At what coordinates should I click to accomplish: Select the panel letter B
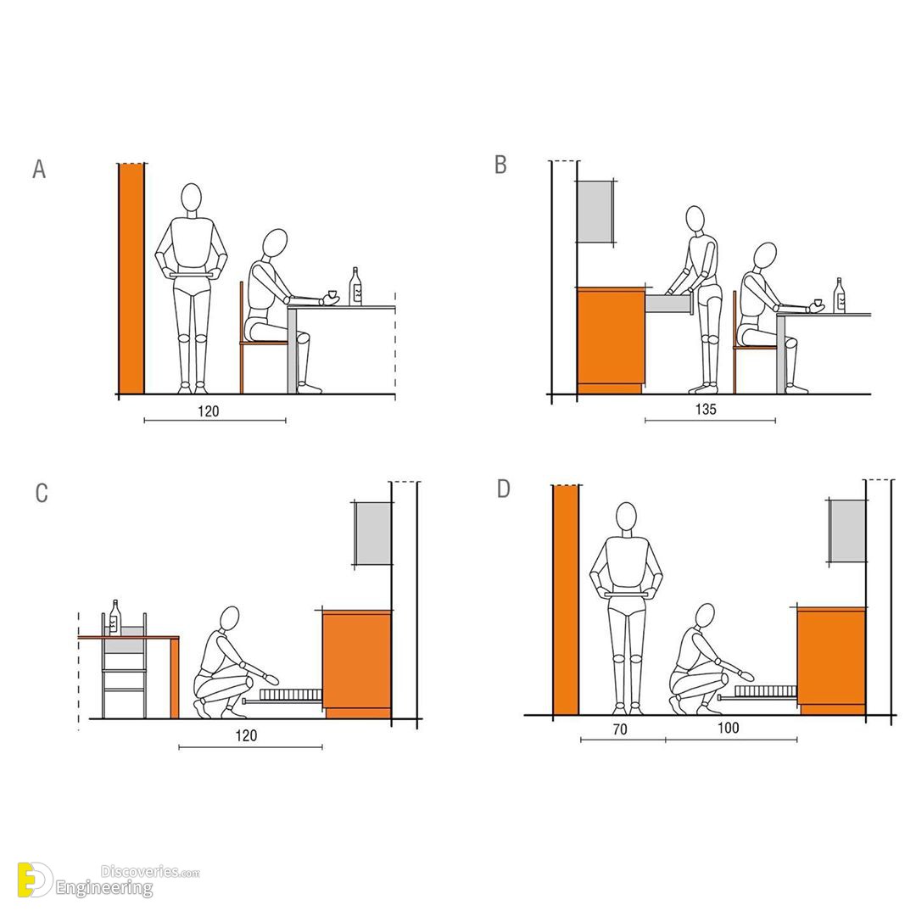[x=500, y=165]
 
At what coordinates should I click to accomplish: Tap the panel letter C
[x=42, y=493]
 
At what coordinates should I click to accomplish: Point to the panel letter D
[x=504, y=489]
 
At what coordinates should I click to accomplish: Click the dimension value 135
[x=706, y=409]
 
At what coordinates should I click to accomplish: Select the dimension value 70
[x=620, y=729]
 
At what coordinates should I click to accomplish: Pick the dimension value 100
[x=729, y=728]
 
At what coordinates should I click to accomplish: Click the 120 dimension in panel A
[x=208, y=411]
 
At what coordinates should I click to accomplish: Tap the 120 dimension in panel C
[x=246, y=735]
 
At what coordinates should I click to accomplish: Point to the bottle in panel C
[x=114, y=617]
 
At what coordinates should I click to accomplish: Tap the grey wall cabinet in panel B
[x=595, y=211]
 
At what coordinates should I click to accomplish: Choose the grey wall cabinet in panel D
[x=847, y=531]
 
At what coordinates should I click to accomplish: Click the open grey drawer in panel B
[x=668, y=304]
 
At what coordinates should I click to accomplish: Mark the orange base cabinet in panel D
[x=831, y=660]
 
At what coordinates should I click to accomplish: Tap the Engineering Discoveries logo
[x=108, y=880]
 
